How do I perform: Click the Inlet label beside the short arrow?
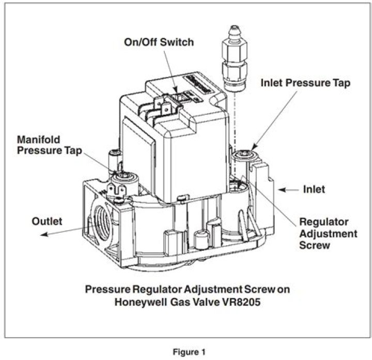coord(314,189)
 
